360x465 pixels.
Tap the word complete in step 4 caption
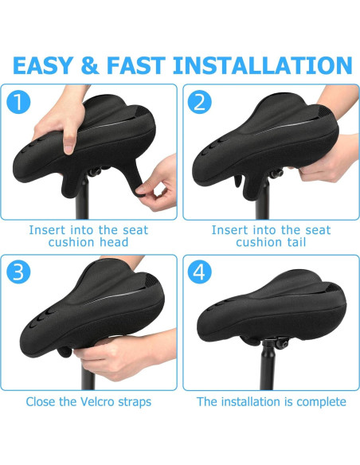[x=320, y=401]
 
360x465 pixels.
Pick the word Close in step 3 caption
[x=42, y=401]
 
